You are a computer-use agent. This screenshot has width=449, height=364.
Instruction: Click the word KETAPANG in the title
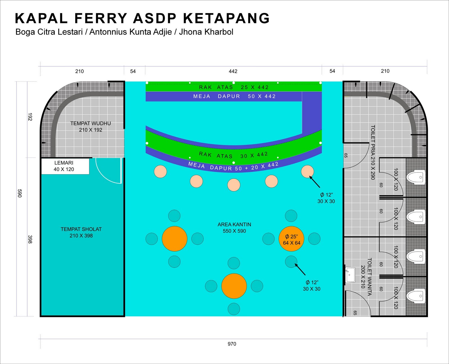tap(226, 18)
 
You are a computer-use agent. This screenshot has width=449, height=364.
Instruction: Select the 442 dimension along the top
tap(233, 71)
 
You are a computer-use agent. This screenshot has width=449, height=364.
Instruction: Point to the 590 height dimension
tap(19, 193)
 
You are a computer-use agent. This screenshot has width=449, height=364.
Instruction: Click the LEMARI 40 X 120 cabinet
tap(65, 166)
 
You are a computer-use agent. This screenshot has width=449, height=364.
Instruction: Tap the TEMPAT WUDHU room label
tap(90, 127)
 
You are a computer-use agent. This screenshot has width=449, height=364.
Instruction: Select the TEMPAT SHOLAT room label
tap(81, 232)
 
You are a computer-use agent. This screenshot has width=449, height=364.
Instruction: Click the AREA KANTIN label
tap(234, 228)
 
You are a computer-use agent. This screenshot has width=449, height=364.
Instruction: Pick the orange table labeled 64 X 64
tap(291, 239)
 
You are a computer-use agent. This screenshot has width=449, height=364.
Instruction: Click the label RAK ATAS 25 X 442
tap(234, 87)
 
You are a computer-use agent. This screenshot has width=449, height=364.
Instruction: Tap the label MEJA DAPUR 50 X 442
tap(234, 96)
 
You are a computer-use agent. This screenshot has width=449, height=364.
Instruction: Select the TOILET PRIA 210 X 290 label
tap(373, 152)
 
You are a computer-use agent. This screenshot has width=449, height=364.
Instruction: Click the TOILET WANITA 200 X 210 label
tap(366, 277)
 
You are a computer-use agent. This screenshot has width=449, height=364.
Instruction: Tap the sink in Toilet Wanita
tap(350, 275)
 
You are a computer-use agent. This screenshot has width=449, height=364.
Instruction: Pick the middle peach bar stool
tap(233, 185)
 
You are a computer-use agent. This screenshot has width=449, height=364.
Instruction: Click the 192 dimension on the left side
tap(30, 117)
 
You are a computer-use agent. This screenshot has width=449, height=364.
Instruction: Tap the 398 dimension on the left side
tap(30, 239)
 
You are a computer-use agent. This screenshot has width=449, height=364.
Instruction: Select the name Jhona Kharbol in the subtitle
tap(206, 32)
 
